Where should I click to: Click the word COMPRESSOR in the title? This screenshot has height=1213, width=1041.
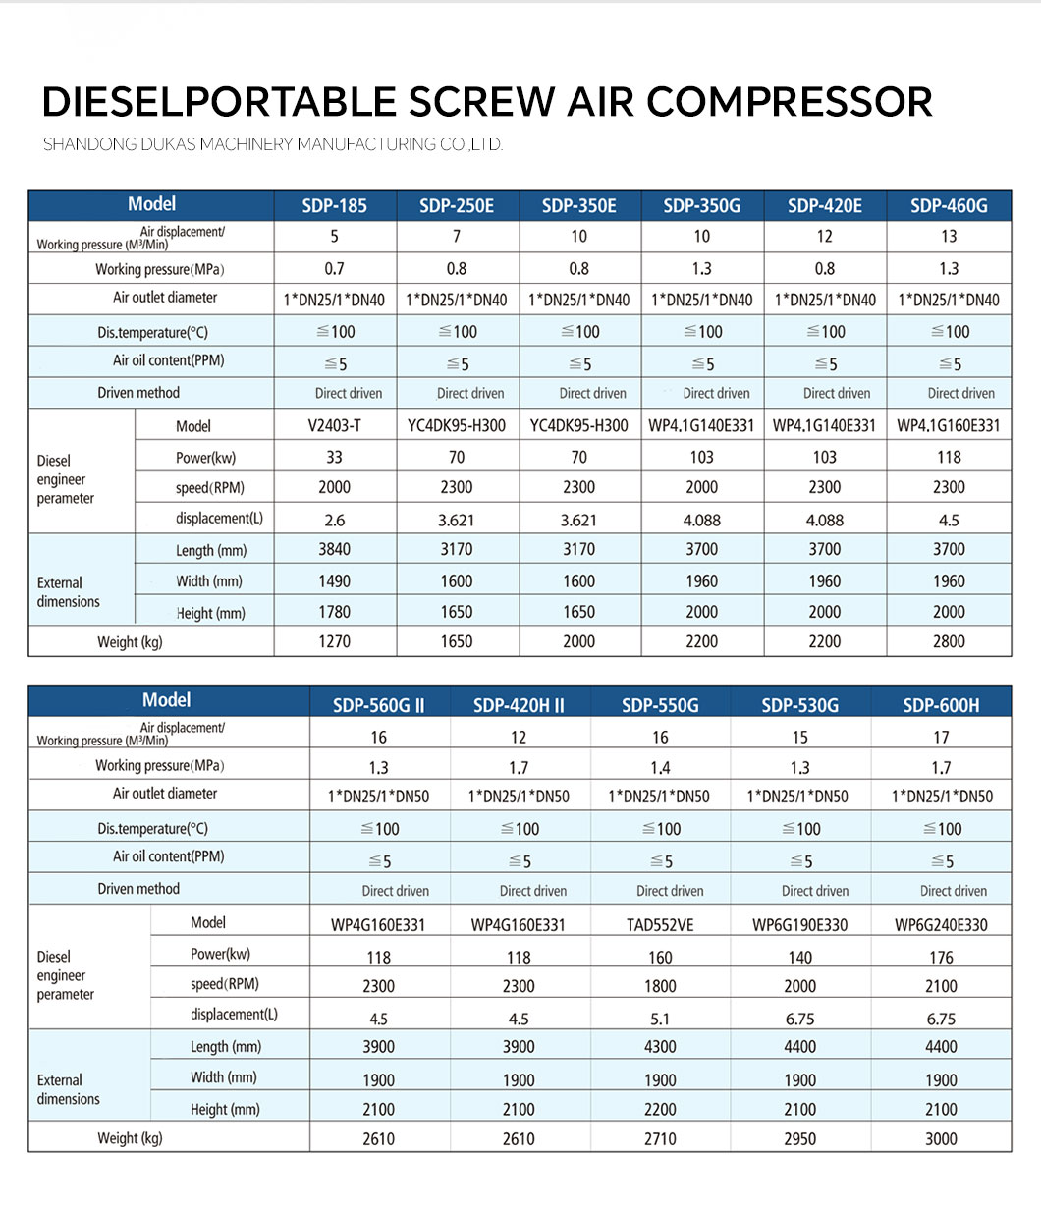(789, 103)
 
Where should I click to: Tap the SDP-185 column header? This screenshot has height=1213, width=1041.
(334, 206)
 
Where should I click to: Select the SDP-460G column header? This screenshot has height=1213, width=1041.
(949, 206)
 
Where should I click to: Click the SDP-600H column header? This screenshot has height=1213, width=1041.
(941, 705)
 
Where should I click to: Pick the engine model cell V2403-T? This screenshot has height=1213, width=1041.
(334, 426)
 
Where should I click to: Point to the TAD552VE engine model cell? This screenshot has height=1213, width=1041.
(660, 924)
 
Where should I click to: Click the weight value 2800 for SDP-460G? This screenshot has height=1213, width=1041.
(949, 642)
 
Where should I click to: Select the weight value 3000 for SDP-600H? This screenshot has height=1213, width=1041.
(941, 1139)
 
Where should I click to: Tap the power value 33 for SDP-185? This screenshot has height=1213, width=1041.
(334, 458)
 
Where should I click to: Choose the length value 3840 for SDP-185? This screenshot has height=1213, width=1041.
(334, 550)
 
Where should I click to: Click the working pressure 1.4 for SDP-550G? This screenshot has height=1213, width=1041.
(660, 768)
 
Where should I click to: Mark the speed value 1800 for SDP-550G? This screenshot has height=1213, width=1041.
(660, 986)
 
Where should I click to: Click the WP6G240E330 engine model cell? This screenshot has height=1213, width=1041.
(941, 924)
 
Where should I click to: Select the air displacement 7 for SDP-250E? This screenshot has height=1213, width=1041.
(457, 237)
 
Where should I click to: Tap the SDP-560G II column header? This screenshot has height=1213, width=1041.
(379, 705)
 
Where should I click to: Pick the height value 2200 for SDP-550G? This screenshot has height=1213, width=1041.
(660, 1110)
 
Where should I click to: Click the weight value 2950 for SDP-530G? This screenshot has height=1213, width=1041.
(800, 1139)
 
